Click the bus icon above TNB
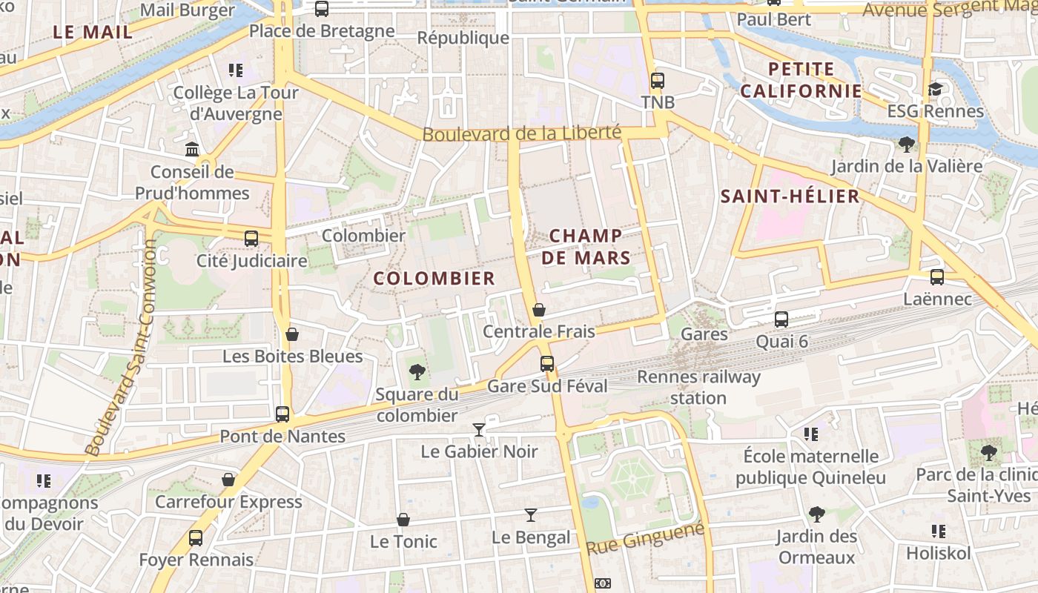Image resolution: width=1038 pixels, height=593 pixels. (x=657, y=81)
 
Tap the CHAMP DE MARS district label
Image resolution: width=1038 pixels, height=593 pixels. (x=586, y=247)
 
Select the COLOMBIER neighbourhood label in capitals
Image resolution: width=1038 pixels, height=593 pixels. (x=434, y=279)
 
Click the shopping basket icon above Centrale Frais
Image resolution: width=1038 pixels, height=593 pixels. (x=539, y=310)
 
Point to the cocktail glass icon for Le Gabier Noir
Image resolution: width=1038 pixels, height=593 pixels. (x=479, y=430)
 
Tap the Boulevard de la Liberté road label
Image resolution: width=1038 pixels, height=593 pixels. (x=521, y=133)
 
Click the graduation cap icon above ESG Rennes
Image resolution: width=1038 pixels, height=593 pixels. (x=935, y=90)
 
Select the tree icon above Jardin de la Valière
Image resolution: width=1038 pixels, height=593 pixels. (x=906, y=144)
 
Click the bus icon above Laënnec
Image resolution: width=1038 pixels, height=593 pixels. (x=937, y=277)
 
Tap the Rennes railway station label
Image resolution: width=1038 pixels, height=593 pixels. (x=698, y=387)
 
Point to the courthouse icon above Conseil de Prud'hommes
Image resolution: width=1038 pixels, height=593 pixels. (x=192, y=150)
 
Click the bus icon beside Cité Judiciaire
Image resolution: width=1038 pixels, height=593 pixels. (x=251, y=239)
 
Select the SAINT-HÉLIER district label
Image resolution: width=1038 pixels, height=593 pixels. (x=790, y=196)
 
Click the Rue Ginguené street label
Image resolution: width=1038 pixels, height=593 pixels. (x=645, y=539)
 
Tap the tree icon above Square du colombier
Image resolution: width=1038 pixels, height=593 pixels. (x=417, y=372)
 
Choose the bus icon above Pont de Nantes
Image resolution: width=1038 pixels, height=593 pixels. (x=282, y=414)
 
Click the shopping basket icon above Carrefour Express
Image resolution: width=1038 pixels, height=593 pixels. (x=228, y=480)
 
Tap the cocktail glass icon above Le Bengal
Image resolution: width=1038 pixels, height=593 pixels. (x=531, y=515)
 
